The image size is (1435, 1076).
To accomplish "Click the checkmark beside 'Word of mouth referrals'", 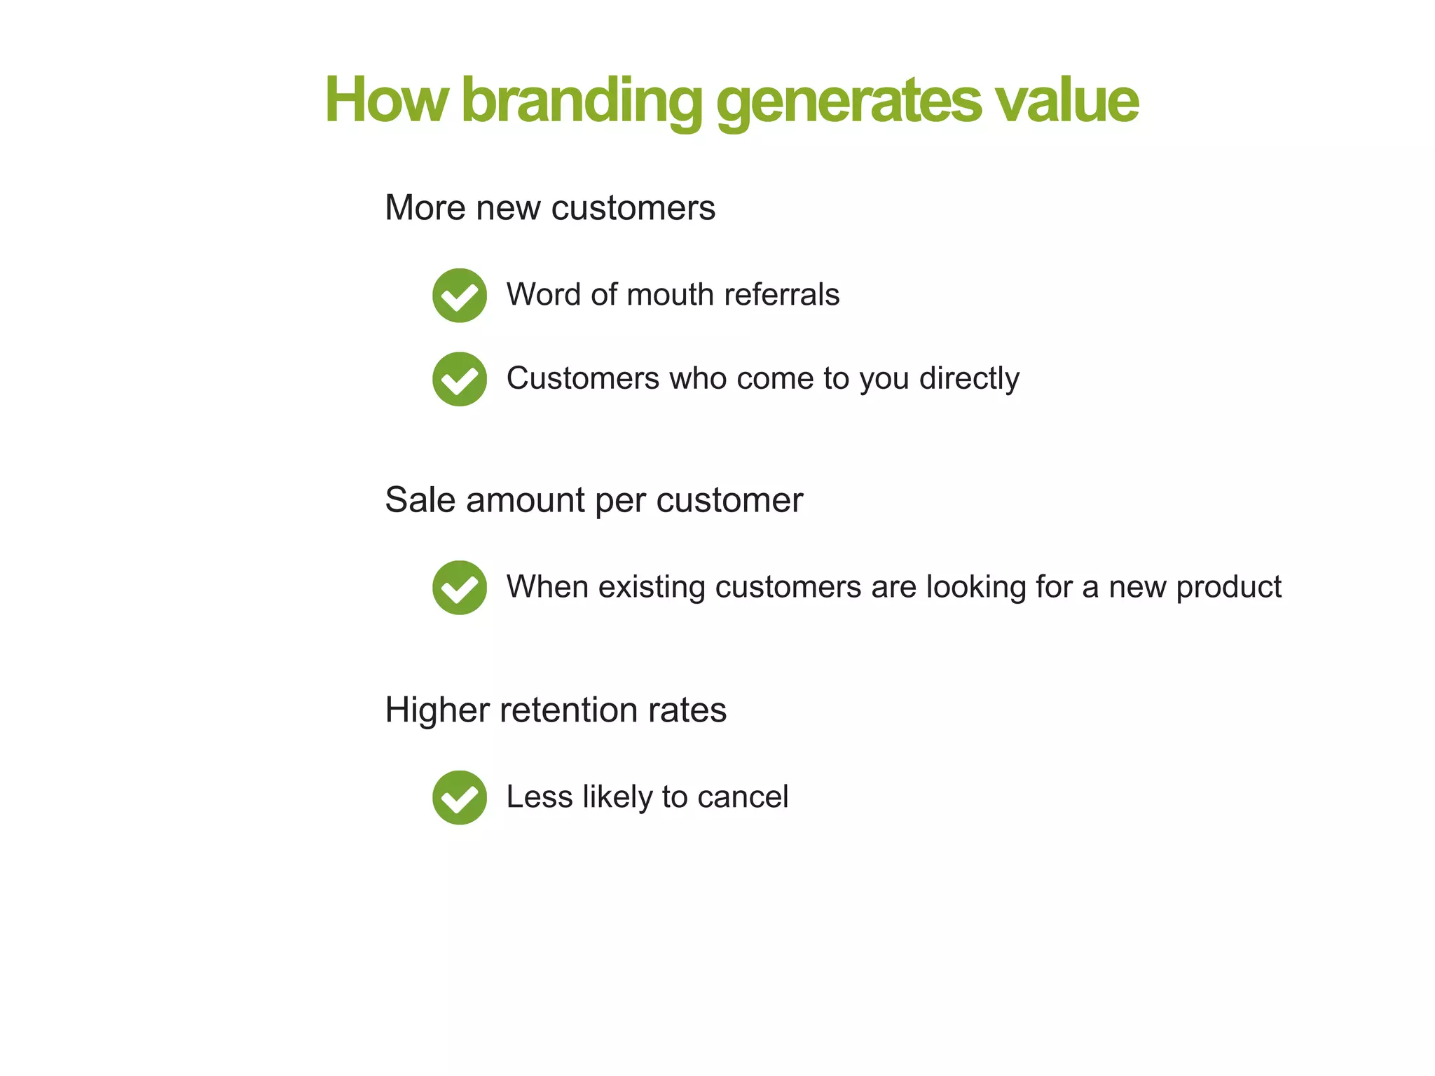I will point(460,295).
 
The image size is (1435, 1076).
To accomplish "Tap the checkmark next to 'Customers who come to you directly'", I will point(460,379).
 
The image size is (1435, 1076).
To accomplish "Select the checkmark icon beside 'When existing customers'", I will point(460,588).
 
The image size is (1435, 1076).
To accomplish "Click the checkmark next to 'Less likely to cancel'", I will point(460,797).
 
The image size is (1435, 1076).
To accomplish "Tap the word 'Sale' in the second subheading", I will point(420,500).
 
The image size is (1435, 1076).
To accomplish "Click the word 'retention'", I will point(568,710).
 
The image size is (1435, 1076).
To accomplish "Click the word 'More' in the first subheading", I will point(425,208).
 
